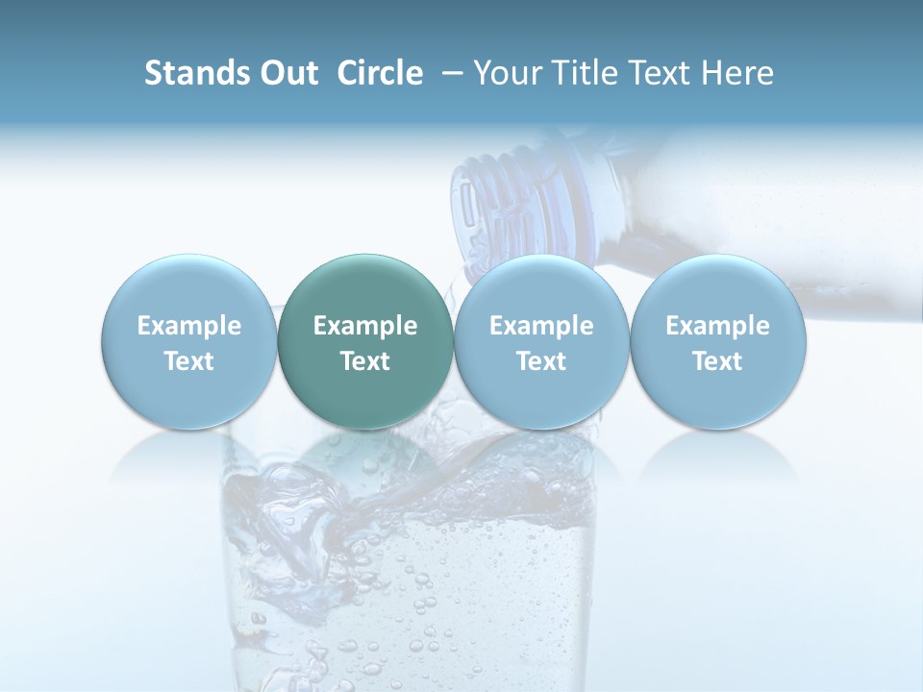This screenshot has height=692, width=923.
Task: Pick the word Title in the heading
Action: click(586, 73)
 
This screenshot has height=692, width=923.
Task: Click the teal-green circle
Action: click(365, 341)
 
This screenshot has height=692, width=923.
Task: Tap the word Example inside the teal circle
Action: click(365, 326)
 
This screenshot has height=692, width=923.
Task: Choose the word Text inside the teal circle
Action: click(365, 361)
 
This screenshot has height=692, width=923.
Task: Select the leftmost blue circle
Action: click(189, 341)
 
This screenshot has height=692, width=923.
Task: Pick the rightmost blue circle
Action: click(718, 341)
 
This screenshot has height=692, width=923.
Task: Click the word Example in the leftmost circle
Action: click(189, 326)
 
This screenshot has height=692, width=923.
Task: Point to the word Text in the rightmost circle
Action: click(718, 361)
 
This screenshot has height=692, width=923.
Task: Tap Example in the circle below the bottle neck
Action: click(541, 326)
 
